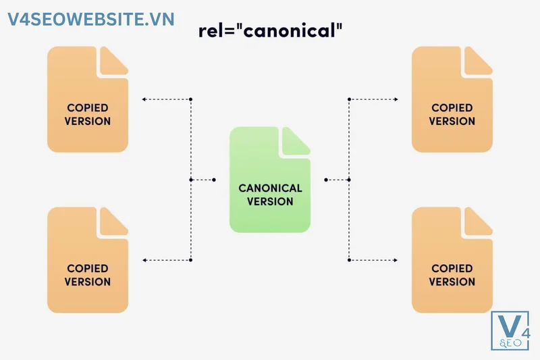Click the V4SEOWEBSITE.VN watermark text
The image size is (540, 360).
pos(91,19)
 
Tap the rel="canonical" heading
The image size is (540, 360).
pos(270,32)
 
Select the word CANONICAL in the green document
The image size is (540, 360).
pos(270,188)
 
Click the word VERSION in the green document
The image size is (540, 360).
pos(270,201)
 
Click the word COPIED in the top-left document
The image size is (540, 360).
pos(88,108)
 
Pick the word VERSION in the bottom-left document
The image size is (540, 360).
pos(88,282)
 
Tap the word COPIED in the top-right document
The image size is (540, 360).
pos(452,108)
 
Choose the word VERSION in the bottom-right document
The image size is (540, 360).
pos(452,282)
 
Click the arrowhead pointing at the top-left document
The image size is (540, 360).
pos(144,99)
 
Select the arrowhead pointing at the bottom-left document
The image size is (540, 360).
pos(144,260)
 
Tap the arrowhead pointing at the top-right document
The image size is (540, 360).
pos(396,99)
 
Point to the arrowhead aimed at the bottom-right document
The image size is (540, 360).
pos(396,260)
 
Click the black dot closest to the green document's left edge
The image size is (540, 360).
pos(215,180)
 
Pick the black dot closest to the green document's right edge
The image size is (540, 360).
pos(325,180)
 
